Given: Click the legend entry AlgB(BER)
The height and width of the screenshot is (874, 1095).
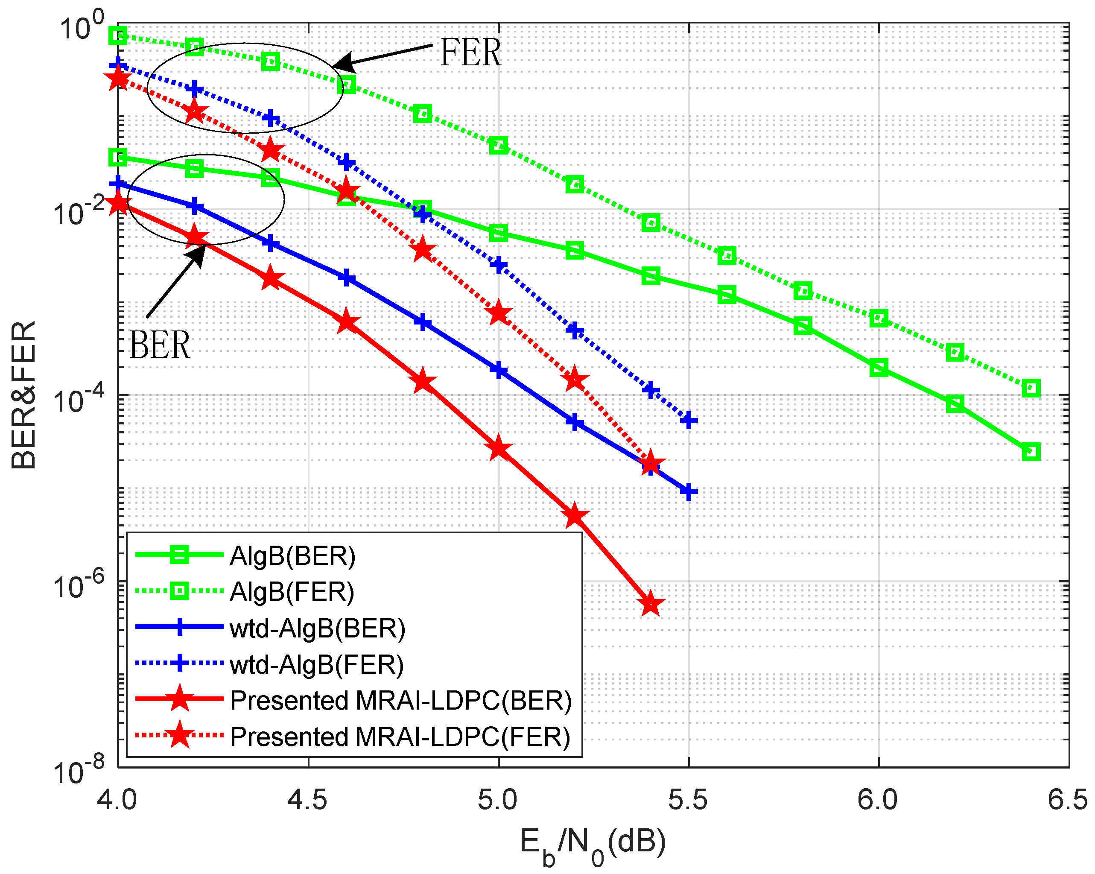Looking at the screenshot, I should (x=292, y=555).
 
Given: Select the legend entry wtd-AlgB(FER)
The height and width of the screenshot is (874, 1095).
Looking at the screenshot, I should (x=316, y=665).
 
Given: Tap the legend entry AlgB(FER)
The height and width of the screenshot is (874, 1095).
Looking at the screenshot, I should (x=292, y=592).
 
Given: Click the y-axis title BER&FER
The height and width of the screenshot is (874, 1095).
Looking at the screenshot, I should (x=23, y=395).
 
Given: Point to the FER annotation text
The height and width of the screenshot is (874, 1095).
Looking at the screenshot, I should (x=470, y=53).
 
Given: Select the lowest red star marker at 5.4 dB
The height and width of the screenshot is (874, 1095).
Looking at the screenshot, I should (x=651, y=604).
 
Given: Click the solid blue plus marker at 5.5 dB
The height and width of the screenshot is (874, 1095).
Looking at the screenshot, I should (x=688, y=491).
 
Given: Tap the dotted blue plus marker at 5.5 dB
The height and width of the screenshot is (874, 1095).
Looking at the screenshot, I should (x=688, y=420).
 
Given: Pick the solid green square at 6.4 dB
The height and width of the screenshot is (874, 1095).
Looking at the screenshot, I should (x=1031, y=451).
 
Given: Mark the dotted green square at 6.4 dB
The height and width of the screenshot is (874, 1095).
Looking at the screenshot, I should (x=1031, y=389).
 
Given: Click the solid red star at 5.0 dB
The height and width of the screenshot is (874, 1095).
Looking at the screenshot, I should (x=498, y=448).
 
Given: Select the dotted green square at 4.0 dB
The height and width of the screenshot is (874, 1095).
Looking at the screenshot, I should (x=118, y=35).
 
